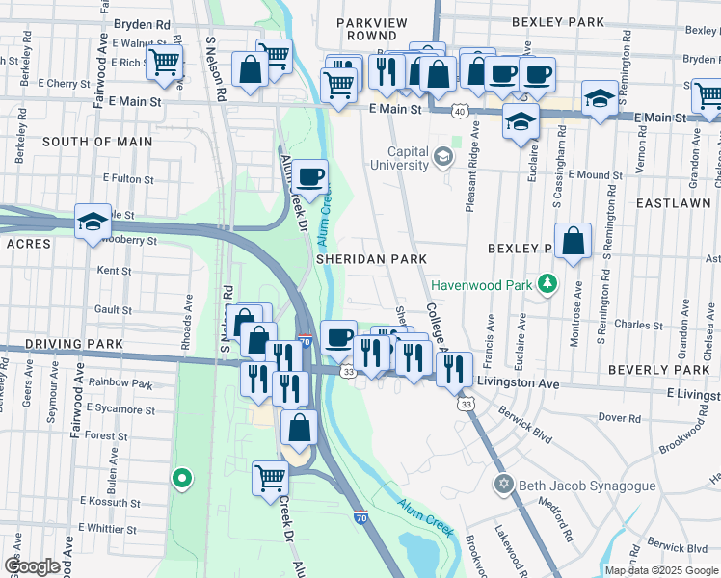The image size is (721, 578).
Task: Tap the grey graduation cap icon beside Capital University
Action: pyautogui.click(x=442, y=156)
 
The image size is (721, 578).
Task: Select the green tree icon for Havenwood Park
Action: pyautogui.click(x=548, y=283)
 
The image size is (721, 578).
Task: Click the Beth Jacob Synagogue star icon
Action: pyautogui.click(x=501, y=484)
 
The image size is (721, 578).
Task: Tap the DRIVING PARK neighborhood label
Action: pyautogui.click(x=61, y=344)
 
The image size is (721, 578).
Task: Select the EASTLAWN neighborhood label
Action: pyautogui.click(x=673, y=203)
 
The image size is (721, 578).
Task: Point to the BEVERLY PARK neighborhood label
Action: pyautogui.click(x=658, y=370)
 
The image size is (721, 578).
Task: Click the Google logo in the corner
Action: pyautogui.click(x=32, y=566)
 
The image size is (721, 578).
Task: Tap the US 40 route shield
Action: pyautogui.click(x=463, y=112)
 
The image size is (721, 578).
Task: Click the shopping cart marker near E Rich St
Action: pyautogui.click(x=164, y=64)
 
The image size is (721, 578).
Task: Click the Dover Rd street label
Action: pyautogui.click(x=620, y=418)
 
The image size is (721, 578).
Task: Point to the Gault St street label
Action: pyautogui.click(x=114, y=310)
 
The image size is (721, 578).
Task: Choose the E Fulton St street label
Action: pyautogui.click(x=128, y=178)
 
